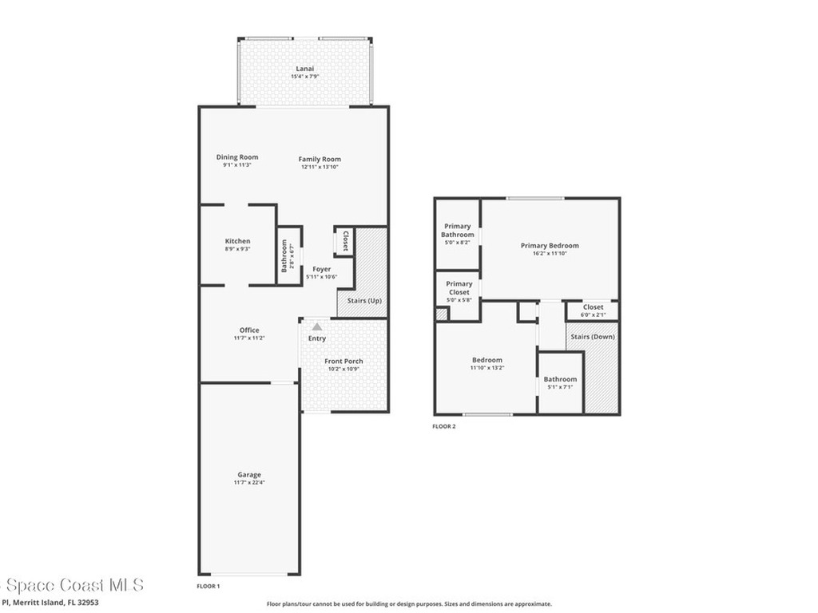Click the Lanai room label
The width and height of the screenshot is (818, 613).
coord(305,69)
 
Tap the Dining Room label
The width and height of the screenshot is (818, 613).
coord(237,157)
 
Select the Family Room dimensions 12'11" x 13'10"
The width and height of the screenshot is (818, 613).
coord(320,168)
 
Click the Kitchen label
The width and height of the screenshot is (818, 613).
coord(237,241)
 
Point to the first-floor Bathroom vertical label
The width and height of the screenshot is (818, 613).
coord(284,256)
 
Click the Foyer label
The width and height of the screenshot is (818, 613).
coord(321,269)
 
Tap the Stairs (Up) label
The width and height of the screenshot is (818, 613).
coord(364,301)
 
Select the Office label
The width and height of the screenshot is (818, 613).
coord(249,330)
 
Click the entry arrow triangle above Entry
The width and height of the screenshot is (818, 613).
coord(317,326)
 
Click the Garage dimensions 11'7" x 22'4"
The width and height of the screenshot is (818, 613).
coord(249,484)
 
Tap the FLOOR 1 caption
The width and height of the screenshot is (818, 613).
coord(208,586)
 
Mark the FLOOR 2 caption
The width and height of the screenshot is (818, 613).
coord(444,427)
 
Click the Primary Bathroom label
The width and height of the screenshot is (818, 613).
coord(458,231)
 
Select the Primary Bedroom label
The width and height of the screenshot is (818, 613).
coord(550,246)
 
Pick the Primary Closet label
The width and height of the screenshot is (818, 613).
coord(459,288)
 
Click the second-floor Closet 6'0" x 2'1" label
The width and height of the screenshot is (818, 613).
coord(593,307)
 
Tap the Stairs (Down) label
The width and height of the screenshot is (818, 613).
coord(592,337)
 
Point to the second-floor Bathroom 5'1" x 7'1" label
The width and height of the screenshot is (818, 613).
coord(560,379)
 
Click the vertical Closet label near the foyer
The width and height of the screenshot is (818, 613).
coord(345,241)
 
